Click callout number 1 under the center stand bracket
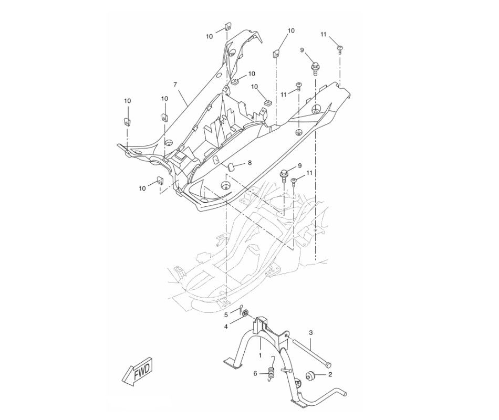click(260, 355)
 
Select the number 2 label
click(330, 375)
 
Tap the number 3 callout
click(310, 333)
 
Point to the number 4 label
click(226, 327)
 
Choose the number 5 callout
click(226, 315)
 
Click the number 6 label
click(256, 374)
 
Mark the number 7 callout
click(175, 85)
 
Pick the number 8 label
click(250, 163)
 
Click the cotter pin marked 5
click(239, 309)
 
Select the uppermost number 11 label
click(324, 34)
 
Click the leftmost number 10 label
click(127, 100)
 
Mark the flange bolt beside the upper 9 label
click(316, 67)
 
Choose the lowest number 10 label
click(142, 187)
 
